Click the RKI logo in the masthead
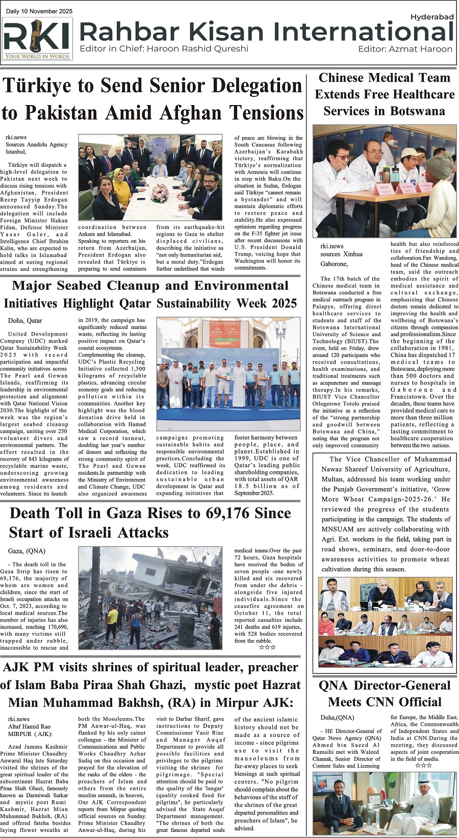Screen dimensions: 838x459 coord(37,39)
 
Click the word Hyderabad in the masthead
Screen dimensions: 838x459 coord(431,17)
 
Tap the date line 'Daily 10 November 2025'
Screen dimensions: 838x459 coord(39,11)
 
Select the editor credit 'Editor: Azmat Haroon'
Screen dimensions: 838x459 coord(405,49)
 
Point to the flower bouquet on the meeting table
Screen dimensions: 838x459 coord(160,192)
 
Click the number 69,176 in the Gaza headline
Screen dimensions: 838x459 coord(240,513)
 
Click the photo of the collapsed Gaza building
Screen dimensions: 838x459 coord(150,597)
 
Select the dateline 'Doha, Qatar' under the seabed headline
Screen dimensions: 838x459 coord(25,321)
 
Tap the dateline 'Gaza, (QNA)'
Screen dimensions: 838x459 coord(27,551)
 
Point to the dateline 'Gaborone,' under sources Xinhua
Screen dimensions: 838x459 coord(334,264)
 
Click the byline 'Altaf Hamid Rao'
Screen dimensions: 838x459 coord(29,726)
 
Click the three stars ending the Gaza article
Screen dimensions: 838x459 coord(267,647)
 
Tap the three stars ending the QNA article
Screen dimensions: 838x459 coord(424,765)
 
